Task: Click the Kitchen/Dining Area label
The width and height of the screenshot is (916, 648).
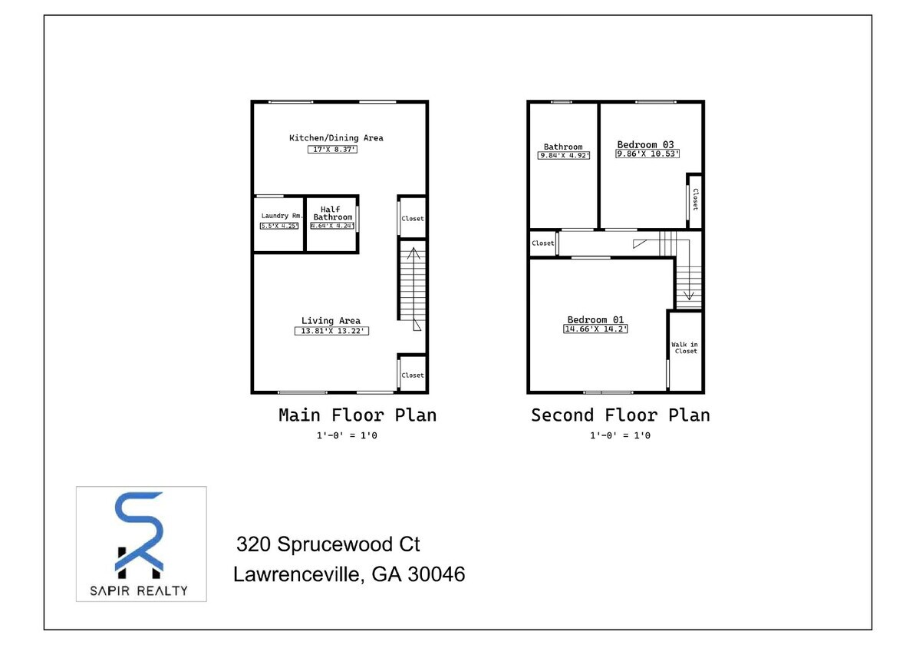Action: coord(336,138)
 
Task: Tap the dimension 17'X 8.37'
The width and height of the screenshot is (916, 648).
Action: coord(333,150)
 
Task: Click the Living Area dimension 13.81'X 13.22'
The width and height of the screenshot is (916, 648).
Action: coord(332,331)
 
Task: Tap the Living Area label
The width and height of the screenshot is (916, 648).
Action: coord(331,321)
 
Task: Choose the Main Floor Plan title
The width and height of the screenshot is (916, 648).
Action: coord(357,415)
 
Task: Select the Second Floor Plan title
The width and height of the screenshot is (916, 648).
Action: coord(620,415)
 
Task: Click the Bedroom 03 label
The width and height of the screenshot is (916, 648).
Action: coord(645,144)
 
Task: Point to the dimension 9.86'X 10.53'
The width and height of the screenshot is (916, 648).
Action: coord(647,154)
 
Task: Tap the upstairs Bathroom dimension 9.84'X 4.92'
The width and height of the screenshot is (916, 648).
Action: coord(564,156)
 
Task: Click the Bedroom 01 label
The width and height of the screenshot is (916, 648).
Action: coord(596,320)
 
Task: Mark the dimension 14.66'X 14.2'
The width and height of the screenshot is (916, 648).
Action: coord(596,329)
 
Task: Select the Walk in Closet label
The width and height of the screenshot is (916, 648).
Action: coord(684,348)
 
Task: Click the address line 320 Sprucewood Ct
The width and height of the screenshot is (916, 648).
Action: coord(328,545)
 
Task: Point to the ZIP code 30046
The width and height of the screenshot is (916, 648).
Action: coord(437,574)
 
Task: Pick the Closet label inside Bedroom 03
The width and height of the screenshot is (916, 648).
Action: coord(695,200)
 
